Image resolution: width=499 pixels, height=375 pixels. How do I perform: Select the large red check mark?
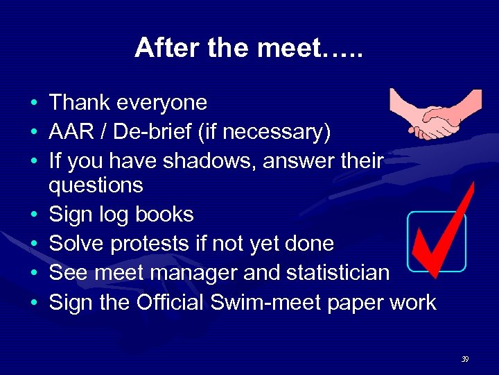coord(444,229)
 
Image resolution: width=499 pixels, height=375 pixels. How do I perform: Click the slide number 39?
coord(464,359)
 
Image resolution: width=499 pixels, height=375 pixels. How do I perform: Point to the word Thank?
coord(79,103)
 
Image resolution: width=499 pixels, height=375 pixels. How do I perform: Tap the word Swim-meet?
coord(276,302)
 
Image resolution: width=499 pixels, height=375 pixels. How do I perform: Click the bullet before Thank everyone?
coord(33,104)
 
